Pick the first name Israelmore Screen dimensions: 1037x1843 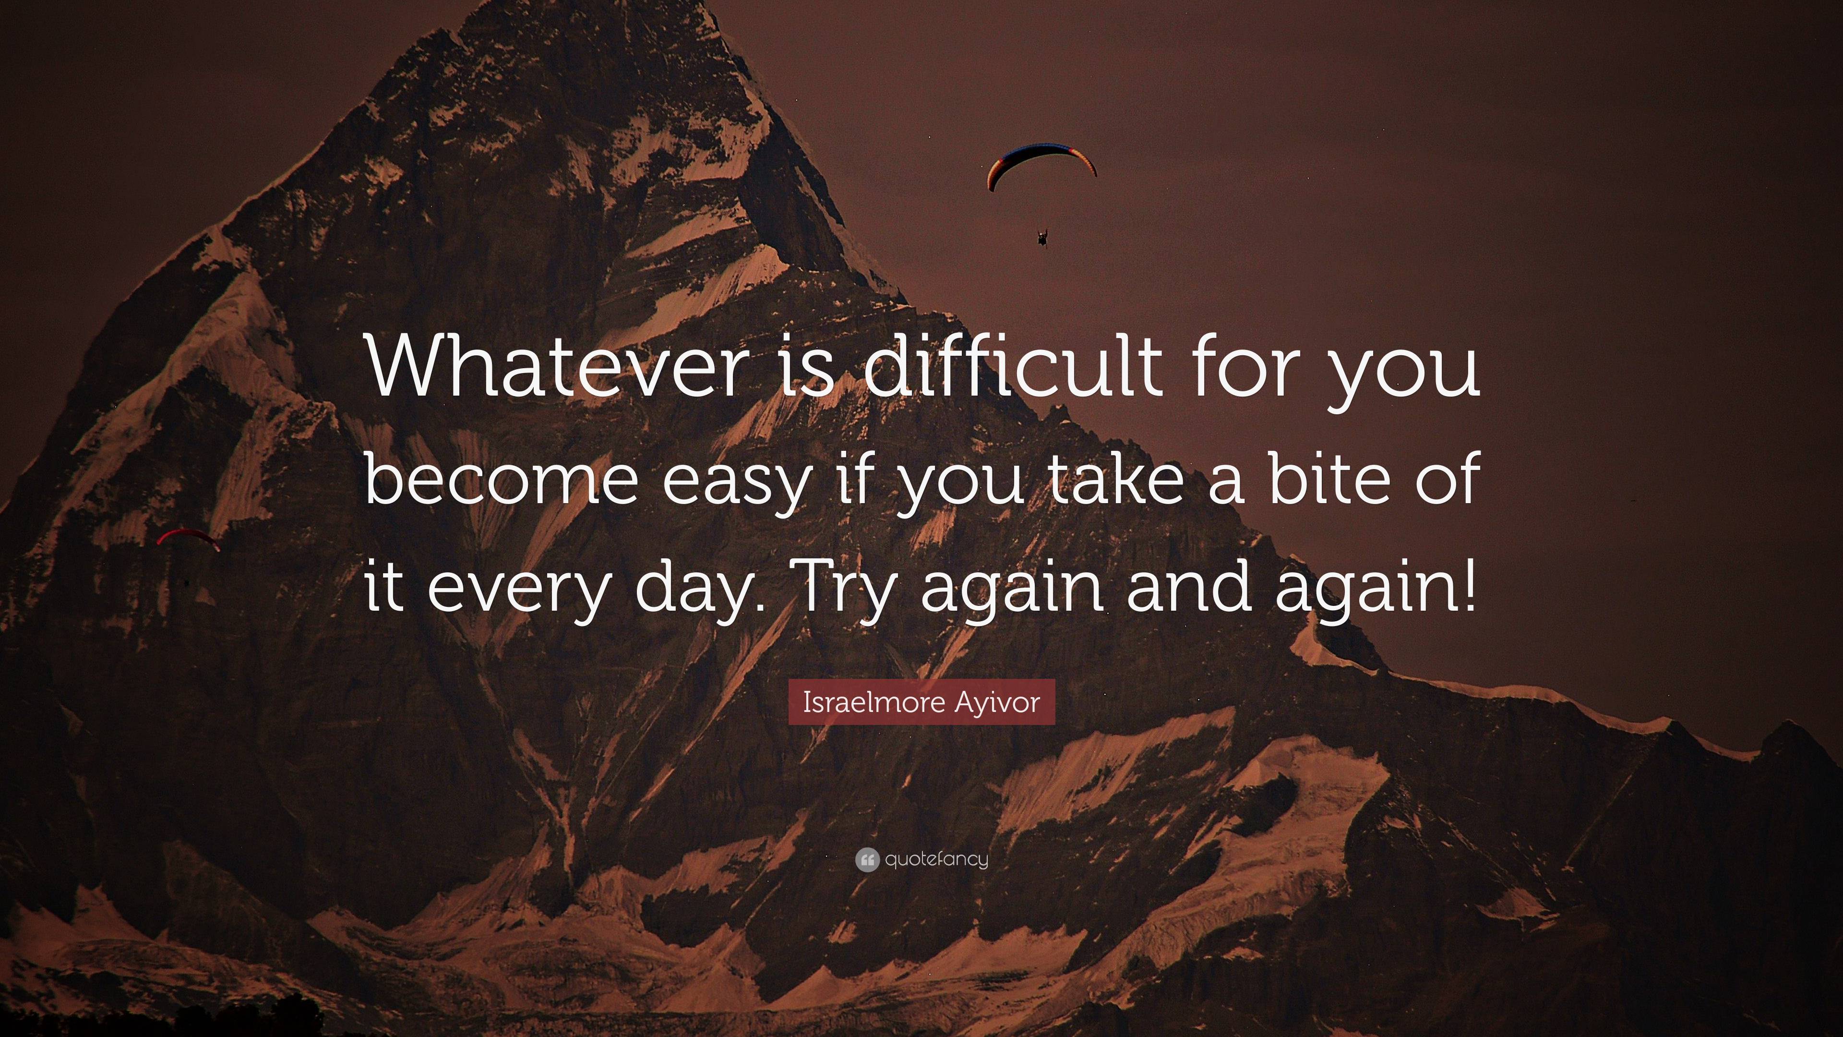pyautogui.click(x=874, y=702)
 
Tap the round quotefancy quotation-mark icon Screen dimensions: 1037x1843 pyautogui.click(x=866, y=859)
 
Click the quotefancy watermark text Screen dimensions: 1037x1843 pyautogui.click(x=936, y=859)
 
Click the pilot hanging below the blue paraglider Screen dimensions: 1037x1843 pyautogui.click(x=1042, y=238)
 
